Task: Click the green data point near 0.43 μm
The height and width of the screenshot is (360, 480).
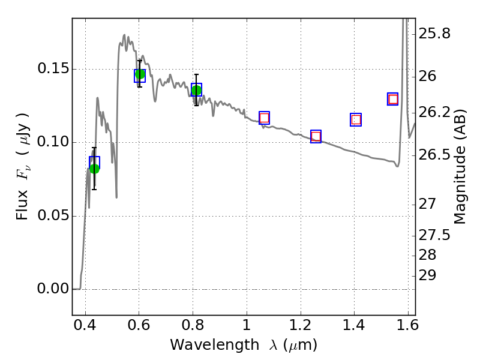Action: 94,169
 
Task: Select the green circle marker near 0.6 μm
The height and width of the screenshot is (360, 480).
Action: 140,74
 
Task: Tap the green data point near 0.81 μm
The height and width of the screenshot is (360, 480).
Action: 197,91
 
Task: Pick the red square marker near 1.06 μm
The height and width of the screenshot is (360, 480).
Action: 264,118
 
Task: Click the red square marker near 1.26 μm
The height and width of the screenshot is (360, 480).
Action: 316,136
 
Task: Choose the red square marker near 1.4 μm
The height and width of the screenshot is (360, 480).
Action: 356,119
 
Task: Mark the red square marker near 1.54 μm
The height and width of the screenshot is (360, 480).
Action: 393,99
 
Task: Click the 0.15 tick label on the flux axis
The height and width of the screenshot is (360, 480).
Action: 53,68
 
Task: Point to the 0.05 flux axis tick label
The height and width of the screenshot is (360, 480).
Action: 53,215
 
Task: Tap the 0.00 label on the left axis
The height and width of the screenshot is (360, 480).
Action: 53,289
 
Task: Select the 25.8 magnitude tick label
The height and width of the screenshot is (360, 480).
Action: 434,34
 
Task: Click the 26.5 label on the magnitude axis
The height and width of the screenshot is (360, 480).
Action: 434,155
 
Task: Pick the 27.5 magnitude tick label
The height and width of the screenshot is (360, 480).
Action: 434,235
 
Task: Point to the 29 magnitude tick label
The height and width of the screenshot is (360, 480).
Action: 427,275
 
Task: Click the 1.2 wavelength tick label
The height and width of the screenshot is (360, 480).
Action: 301,325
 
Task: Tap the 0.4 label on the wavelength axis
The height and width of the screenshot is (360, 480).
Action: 85,325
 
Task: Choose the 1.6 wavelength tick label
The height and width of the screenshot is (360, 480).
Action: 407,325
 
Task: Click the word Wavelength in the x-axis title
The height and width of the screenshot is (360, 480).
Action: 215,344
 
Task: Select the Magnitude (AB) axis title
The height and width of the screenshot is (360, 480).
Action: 459,167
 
